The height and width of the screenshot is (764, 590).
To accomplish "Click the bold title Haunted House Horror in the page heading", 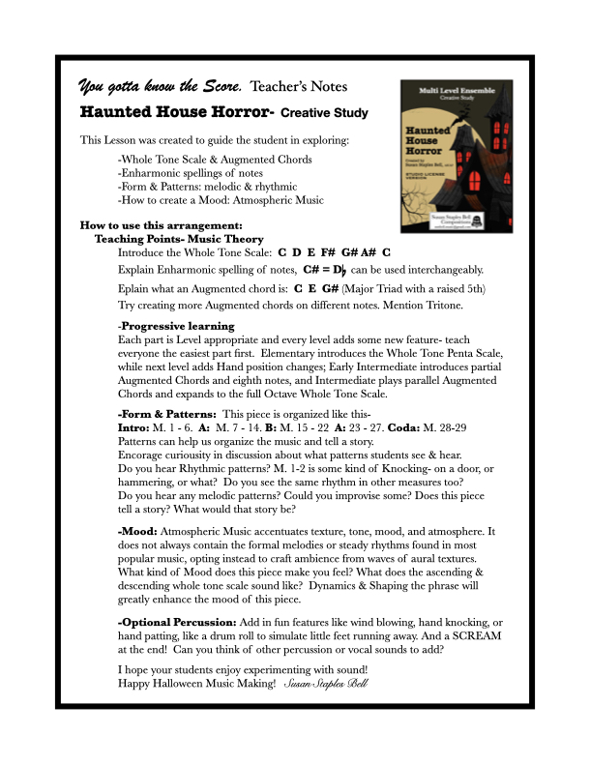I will point(177,112).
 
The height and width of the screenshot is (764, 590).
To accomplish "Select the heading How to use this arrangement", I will point(161,225).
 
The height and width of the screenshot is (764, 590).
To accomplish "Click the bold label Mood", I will point(138,532).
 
